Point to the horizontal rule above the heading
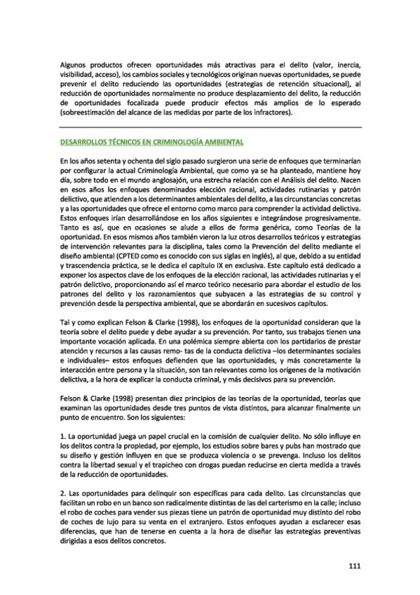tap(210, 127)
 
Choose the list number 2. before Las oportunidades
tap(63, 485)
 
